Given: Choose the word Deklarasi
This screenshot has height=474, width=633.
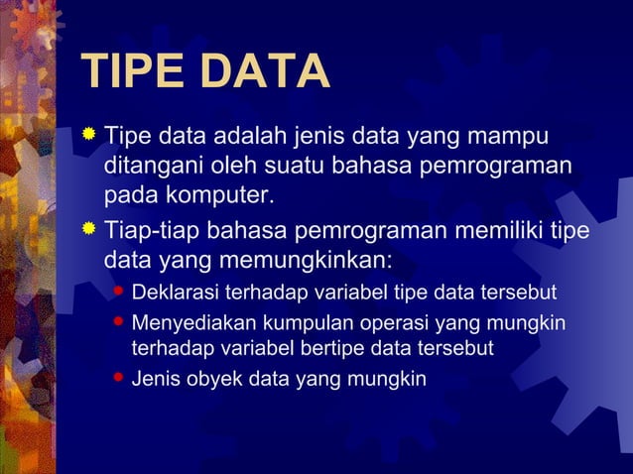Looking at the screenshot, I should (176, 294).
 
